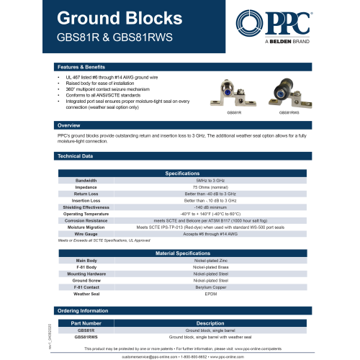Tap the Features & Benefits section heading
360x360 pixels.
[x=81, y=66]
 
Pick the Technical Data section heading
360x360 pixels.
[x=75, y=156]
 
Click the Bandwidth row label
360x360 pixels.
[x=86, y=180]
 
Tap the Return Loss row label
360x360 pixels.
[x=86, y=194]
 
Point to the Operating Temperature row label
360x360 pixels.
[x=86, y=214]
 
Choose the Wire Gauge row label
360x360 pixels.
[x=86, y=234]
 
